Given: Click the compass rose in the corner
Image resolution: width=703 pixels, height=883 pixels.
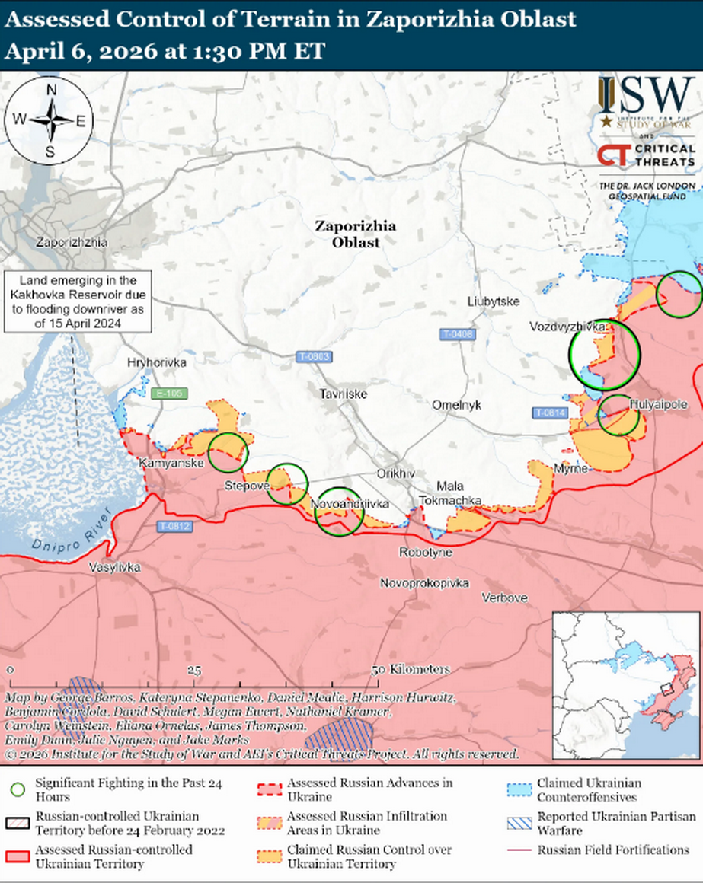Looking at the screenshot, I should pos(50,121).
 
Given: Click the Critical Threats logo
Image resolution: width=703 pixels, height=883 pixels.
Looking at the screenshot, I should pos(646,155).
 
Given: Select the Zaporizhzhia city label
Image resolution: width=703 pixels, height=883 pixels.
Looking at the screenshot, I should pos(71,243).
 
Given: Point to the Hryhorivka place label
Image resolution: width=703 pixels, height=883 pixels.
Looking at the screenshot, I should pos(157,363).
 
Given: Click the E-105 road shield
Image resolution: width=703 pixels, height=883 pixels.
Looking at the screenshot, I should pos(169,394).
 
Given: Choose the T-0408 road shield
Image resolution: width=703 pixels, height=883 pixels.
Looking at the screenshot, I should pos(457,334).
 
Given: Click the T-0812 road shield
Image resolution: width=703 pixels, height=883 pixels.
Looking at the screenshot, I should pos(175,526).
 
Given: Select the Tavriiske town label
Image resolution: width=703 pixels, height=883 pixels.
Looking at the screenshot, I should pos(344,394).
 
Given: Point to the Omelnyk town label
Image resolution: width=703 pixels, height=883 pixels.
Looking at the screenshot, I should pos(457,405).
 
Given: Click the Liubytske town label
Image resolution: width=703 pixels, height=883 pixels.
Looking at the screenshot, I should pos(494,301).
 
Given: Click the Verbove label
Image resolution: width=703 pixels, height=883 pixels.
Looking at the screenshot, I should pos(504,598).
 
